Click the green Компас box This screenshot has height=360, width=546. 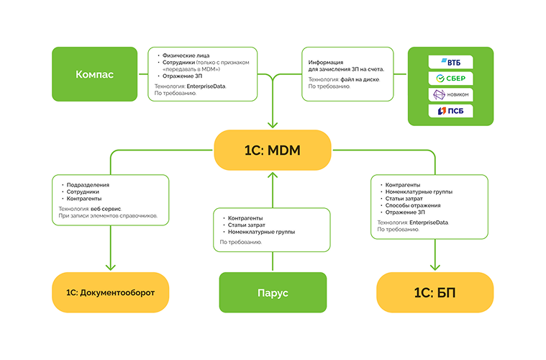pyautogui.click(x=94, y=74)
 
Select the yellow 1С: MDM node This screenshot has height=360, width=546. pyautogui.click(x=273, y=150)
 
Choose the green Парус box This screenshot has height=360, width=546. pyautogui.click(x=273, y=292)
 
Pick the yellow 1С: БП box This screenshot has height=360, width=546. pyautogui.click(x=435, y=292)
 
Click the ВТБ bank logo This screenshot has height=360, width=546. pyautogui.click(x=451, y=62)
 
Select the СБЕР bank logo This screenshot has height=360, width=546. pyautogui.click(x=451, y=78)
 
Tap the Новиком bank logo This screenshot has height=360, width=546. pyautogui.click(x=451, y=94)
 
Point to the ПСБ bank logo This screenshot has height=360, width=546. pyautogui.click(x=451, y=111)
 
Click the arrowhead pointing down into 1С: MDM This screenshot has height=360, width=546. pyautogui.click(x=273, y=125)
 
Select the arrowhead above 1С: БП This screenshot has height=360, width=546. pyautogui.click(x=435, y=266)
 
